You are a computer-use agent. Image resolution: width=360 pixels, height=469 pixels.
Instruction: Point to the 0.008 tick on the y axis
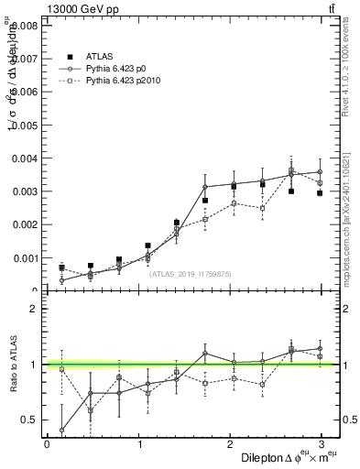25,26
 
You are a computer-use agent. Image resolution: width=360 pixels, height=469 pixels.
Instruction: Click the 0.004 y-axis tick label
25,158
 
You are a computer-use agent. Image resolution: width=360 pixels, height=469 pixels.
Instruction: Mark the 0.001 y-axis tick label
25,258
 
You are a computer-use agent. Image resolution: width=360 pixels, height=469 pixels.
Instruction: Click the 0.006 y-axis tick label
25,92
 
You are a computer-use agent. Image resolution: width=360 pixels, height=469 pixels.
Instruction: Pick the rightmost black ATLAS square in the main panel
320,193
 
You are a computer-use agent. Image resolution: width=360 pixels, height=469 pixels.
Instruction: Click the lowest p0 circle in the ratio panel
61,430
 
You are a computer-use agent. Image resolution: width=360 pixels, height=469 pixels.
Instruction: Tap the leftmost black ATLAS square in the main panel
61,267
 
